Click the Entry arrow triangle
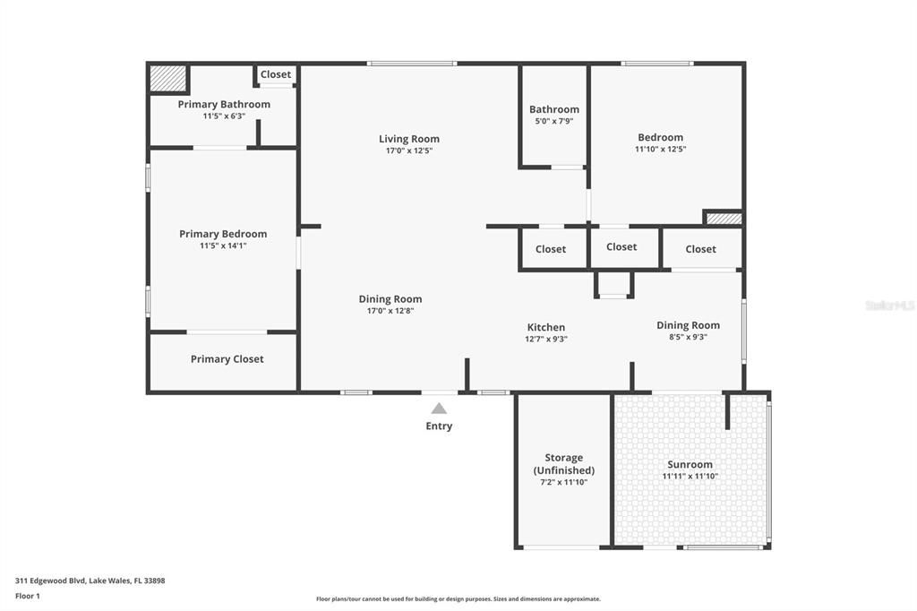click(439, 409)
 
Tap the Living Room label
click(408, 139)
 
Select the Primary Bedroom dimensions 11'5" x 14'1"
click(223, 245)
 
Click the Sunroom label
click(690, 464)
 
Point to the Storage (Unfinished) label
click(563, 464)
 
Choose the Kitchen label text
click(545, 327)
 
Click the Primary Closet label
click(227, 359)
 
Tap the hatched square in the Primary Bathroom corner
click(167, 78)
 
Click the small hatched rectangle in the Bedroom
click(724, 218)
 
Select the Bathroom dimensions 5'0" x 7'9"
click(553, 121)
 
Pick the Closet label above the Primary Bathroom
click(276, 74)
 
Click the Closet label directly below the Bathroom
click(551, 249)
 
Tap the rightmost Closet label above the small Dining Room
click(700, 249)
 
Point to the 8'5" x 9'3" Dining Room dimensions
click(688, 338)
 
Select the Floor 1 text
click(28, 596)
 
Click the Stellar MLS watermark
click(889, 305)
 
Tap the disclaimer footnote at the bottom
click(458, 599)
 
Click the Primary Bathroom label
click(224, 105)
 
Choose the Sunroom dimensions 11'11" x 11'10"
click(690, 477)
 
